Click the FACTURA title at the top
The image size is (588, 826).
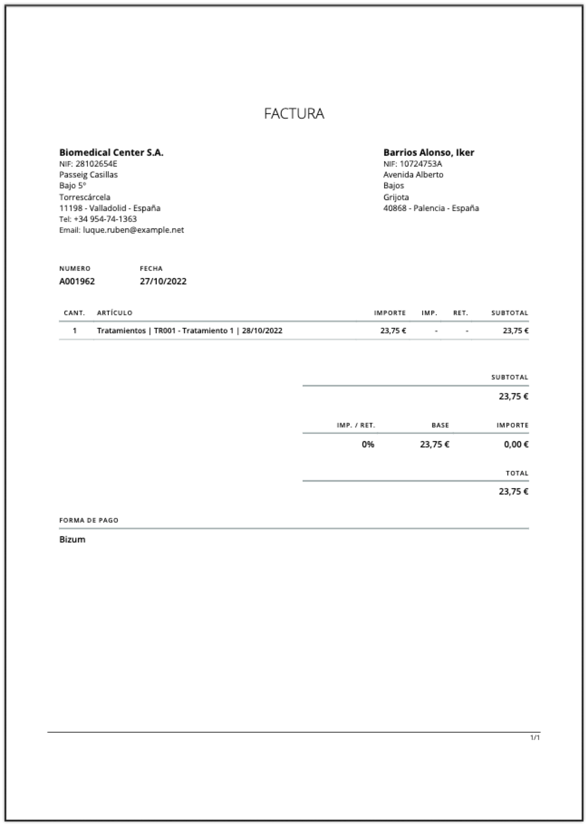click(x=294, y=113)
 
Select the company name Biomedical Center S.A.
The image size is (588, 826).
click(x=111, y=153)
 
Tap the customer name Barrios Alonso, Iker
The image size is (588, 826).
click(x=429, y=153)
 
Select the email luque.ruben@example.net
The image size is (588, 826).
click(x=133, y=230)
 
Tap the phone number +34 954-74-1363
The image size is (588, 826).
click(x=105, y=219)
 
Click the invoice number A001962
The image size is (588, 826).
click(x=77, y=281)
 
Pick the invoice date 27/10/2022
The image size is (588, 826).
click(x=163, y=281)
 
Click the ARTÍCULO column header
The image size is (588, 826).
click(x=115, y=313)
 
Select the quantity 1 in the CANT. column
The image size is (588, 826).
click(x=75, y=331)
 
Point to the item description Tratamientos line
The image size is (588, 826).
click(x=189, y=331)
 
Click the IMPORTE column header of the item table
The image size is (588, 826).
click(x=390, y=313)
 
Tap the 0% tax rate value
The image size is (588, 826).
click(x=368, y=444)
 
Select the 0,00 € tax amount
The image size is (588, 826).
click(x=516, y=444)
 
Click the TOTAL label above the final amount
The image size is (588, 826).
click(x=517, y=473)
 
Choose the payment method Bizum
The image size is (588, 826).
click(x=72, y=539)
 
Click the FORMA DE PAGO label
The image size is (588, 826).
click(x=89, y=520)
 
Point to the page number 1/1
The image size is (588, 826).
click(x=535, y=738)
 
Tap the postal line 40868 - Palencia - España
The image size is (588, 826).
click(x=431, y=208)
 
